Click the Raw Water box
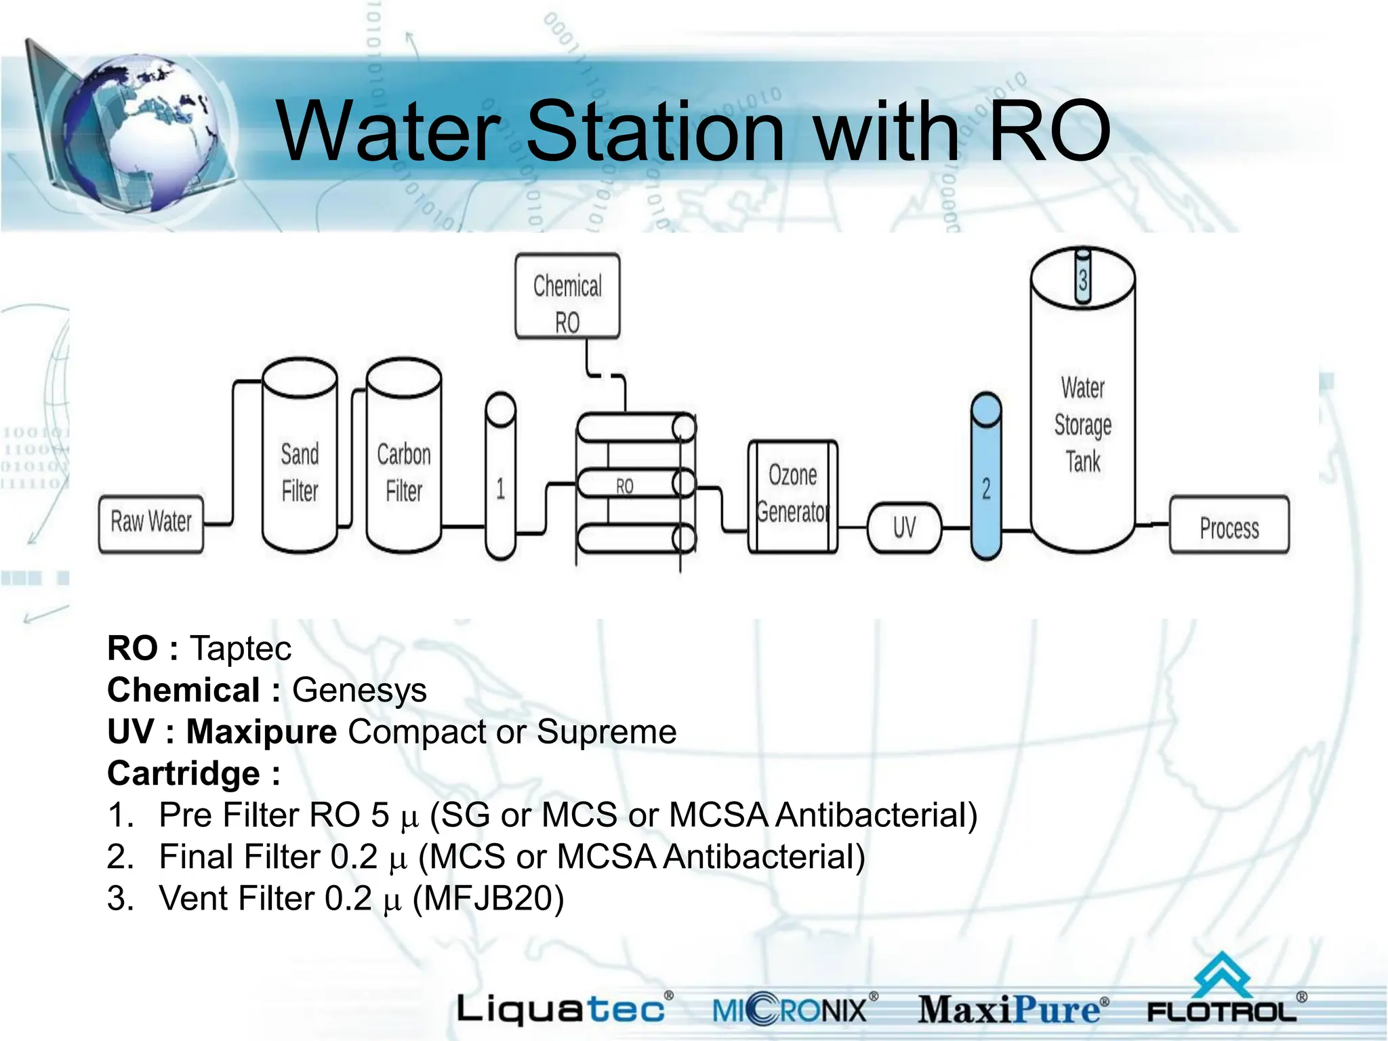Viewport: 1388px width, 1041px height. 150,524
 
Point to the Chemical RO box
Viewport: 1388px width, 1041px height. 567,297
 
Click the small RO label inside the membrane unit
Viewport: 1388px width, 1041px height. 624,486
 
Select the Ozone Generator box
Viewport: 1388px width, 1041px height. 792,495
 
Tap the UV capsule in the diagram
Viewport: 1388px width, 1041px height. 904,527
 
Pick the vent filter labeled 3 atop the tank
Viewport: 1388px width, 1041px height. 1083,279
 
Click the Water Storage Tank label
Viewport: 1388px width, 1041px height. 1083,425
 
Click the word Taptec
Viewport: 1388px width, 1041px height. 241,649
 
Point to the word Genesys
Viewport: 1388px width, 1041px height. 359,691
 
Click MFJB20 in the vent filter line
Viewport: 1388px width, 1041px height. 488,899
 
